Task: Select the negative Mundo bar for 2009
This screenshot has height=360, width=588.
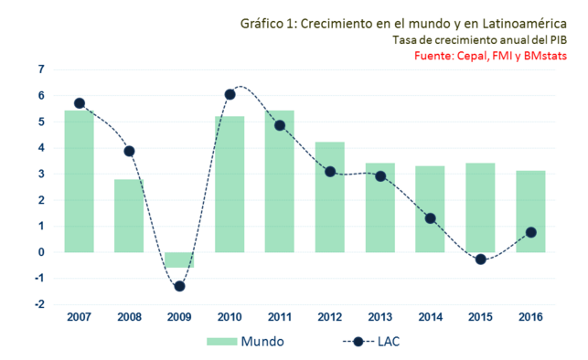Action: tap(179, 259)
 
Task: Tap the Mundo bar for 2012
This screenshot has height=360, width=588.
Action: tap(330, 196)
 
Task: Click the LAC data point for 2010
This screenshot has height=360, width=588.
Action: tap(230, 94)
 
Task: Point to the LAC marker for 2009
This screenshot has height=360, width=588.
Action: tap(179, 286)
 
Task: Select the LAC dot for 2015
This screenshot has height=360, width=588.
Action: tap(480, 259)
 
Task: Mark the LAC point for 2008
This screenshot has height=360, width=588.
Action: tap(129, 151)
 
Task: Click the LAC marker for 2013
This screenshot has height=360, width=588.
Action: tap(380, 175)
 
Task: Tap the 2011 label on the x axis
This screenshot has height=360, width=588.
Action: tap(280, 316)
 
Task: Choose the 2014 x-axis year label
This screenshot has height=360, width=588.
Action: tap(430, 316)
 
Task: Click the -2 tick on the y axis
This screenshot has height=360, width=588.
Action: tap(40, 305)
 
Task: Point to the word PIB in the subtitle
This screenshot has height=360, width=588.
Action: tap(556, 39)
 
